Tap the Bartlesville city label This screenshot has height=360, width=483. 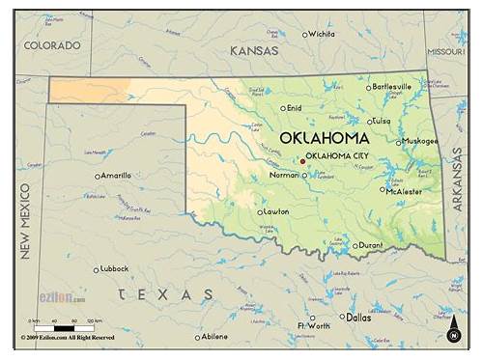(x=392, y=87)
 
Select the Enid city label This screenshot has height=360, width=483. (x=295, y=108)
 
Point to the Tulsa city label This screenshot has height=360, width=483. (x=381, y=122)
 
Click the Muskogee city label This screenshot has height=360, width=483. (x=421, y=141)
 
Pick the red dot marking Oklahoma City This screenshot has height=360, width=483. (x=302, y=161)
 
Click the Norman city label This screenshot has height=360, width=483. (x=284, y=176)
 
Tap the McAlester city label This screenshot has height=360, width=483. (x=404, y=191)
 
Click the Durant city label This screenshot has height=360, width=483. (x=371, y=245)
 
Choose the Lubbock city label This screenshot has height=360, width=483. (x=115, y=269)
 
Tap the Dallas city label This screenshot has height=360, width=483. (x=358, y=317)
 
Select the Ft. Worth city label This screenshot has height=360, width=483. (x=313, y=326)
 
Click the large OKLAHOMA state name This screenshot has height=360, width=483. (x=323, y=138)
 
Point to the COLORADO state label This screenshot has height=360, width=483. (x=52, y=45)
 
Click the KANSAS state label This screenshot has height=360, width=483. (x=254, y=50)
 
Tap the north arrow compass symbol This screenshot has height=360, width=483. (x=453, y=329)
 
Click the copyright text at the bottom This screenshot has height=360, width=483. (x=68, y=338)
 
